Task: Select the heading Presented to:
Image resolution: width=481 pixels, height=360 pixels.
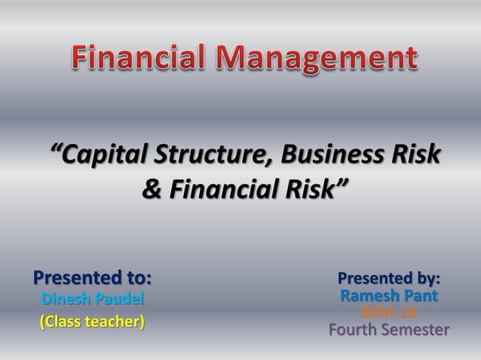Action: [x=93, y=278]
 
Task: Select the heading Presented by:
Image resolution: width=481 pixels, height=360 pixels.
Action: [x=389, y=278]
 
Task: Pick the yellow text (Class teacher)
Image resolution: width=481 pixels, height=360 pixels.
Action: [x=92, y=322]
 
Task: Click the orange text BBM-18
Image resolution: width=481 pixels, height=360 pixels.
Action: [x=389, y=312]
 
